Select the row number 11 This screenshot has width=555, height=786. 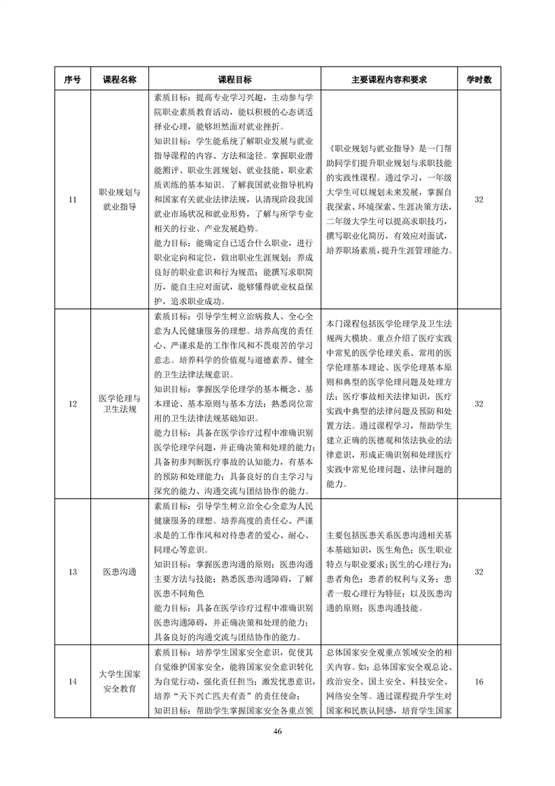73,200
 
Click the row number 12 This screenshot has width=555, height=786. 73,404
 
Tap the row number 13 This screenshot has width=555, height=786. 73,572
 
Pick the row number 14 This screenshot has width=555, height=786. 73,682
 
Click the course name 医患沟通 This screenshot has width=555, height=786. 120,572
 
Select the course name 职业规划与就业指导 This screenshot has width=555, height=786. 120,200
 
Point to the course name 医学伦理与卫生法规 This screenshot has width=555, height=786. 120,404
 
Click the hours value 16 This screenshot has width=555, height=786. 479,682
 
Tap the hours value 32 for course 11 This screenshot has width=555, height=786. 479,200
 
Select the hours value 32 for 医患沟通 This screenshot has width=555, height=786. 479,572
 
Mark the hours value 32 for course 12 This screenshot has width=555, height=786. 479,404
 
